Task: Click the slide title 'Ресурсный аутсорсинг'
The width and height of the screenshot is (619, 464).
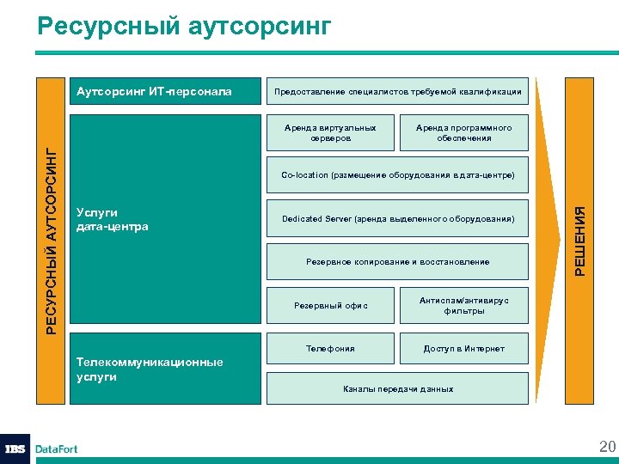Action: tap(184, 27)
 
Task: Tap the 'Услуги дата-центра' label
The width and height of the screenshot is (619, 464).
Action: tap(113, 219)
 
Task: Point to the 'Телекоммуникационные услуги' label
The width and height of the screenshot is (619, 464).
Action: tap(150, 369)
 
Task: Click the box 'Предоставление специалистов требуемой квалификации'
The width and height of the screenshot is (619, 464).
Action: tap(397, 92)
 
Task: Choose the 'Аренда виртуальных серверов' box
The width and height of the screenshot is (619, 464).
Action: tap(331, 133)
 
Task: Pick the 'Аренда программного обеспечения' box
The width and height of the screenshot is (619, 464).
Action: tap(463, 133)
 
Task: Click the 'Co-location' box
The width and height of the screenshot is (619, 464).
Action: tap(397, 175)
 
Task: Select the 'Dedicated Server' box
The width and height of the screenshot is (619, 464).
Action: tap(397, 219)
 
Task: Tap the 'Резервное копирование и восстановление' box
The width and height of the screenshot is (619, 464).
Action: tap(397, 262)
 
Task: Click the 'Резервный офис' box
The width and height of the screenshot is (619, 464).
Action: tap(331, 306)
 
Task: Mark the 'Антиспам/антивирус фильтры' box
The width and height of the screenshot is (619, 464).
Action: tap(463, 306)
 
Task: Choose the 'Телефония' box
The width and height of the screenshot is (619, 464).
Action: tap(331, 349)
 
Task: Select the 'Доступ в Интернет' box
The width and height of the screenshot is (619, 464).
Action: tap(463, 349)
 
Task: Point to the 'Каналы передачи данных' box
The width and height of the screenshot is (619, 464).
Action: tap(397, 389)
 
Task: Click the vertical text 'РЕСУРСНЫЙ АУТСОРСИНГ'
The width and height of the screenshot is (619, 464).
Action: tap(51, 241)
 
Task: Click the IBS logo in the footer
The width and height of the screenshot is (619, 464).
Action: tap(15, 449)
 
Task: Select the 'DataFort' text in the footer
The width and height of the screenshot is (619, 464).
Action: tap(57, 449)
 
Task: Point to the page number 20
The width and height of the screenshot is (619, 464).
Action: tap(607, 446)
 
